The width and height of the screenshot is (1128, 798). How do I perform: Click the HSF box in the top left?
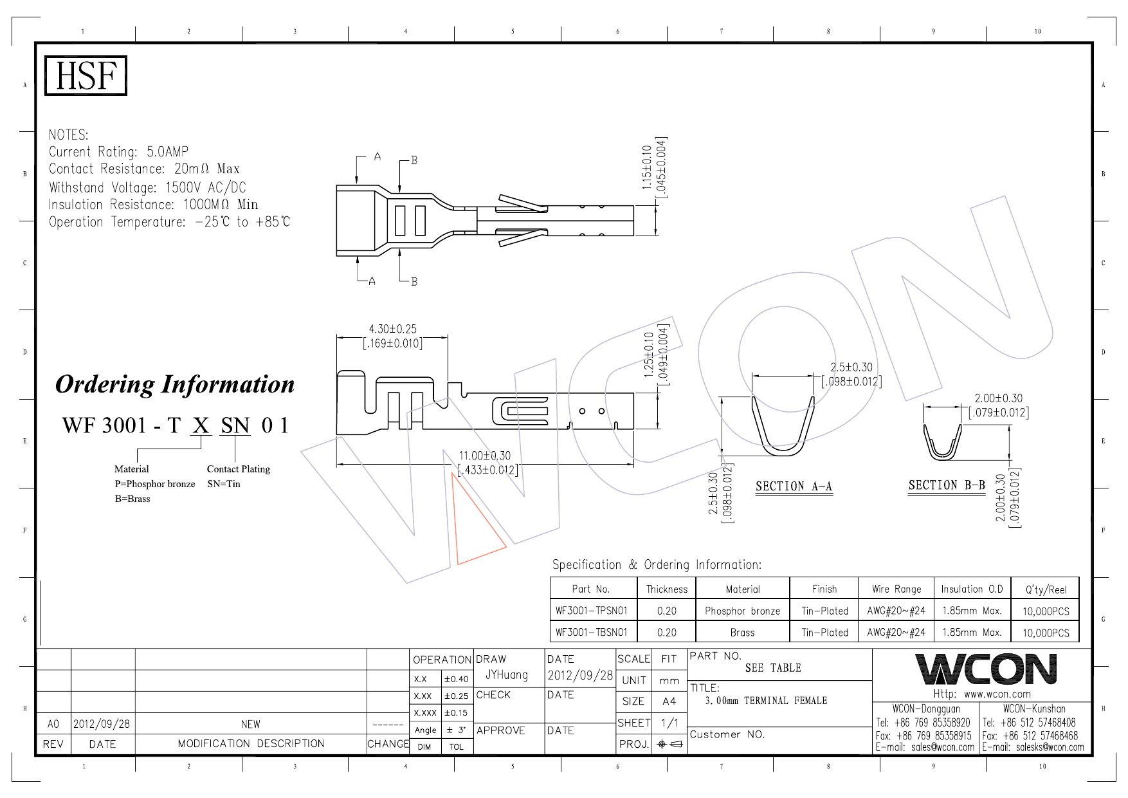pos(86,75)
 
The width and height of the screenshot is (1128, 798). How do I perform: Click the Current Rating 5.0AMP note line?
pos(118,152)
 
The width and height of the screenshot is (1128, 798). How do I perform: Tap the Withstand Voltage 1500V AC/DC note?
pos(147,187)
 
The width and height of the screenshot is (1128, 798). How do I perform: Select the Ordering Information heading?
pos(175,384)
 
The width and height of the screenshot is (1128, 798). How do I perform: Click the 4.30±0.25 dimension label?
pos(392,329)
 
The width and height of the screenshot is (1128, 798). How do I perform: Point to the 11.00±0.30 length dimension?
pos(484,456)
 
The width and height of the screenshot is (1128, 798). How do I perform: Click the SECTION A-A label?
pos(794,487)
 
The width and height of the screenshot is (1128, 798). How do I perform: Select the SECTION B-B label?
pos(947,485)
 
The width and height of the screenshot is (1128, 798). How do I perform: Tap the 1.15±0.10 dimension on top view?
pos(647,167)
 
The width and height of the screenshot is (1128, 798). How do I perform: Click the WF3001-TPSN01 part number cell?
pos(591,611)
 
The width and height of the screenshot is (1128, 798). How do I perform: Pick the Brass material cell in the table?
pos(742,633)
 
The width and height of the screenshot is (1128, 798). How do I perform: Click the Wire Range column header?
pos(896,589)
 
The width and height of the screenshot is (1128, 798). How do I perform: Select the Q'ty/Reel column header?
pos(1046,589)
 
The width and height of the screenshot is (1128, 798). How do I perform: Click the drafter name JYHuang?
pos(506,674)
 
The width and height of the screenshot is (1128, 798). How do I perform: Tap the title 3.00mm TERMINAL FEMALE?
pos(766,701)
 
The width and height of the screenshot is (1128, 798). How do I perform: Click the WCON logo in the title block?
pos(985,669)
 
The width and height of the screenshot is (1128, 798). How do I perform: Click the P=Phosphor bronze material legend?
pos(154,484)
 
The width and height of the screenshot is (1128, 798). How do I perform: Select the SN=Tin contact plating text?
pos(223,484)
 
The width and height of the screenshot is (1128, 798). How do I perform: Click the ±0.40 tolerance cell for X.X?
pos(457,679)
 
